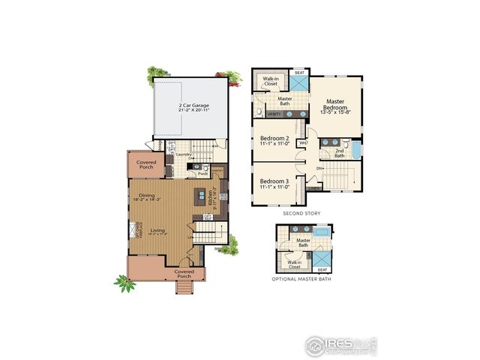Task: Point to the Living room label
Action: click(x=157, y=231)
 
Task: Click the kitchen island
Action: click(x=200, y=197)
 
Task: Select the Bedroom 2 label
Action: click(x=274, y=141)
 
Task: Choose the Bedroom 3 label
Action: click(x=274, y=183)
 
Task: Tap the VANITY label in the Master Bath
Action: click(x=275, y=114)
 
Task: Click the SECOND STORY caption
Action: click(x=301, y=213)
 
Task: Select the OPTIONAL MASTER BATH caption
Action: click(x=303, y=279)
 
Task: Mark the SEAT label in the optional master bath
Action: click(x=322, y=269)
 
